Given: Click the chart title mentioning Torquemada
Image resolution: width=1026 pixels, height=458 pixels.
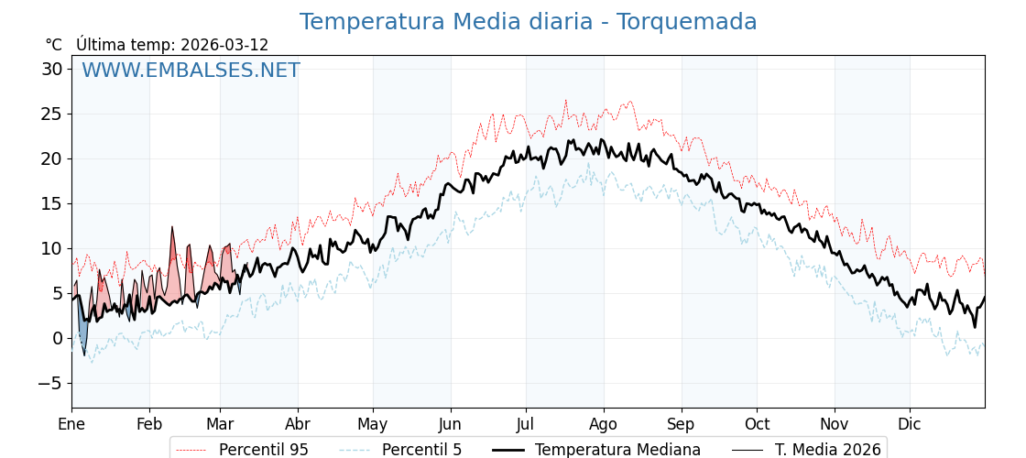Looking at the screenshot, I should click(x=528, y=22).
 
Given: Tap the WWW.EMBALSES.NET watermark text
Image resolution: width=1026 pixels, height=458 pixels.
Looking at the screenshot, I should click(x=191, y=71).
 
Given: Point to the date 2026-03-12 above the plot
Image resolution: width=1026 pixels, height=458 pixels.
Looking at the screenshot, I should click(x=224, y=45).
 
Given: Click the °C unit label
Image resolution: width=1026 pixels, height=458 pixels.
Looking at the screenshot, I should click(x=53, y=45).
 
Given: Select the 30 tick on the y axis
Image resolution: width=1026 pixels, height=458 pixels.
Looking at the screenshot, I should click(x=52, y=69).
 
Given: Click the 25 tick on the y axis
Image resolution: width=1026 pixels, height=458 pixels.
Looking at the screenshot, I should click(x=52, y=114).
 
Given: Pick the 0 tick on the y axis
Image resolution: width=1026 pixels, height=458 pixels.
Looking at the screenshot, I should click(x=58, y=338).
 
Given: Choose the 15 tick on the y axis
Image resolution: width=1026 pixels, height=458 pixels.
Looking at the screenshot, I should click(x=52, y=203).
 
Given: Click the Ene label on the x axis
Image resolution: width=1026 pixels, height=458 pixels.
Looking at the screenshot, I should click(x=71, y=424).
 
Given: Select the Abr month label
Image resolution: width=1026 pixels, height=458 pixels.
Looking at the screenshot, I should click(x=298, y=424).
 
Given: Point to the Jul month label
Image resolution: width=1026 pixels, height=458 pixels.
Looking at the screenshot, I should click(x=526, y=424).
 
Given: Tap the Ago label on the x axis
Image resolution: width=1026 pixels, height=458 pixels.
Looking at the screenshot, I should click(x=604, y=424).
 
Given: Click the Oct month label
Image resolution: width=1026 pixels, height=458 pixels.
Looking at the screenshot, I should click(x=757, y=424).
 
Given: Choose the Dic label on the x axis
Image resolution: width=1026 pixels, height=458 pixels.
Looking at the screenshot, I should click(x=910, y=424).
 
